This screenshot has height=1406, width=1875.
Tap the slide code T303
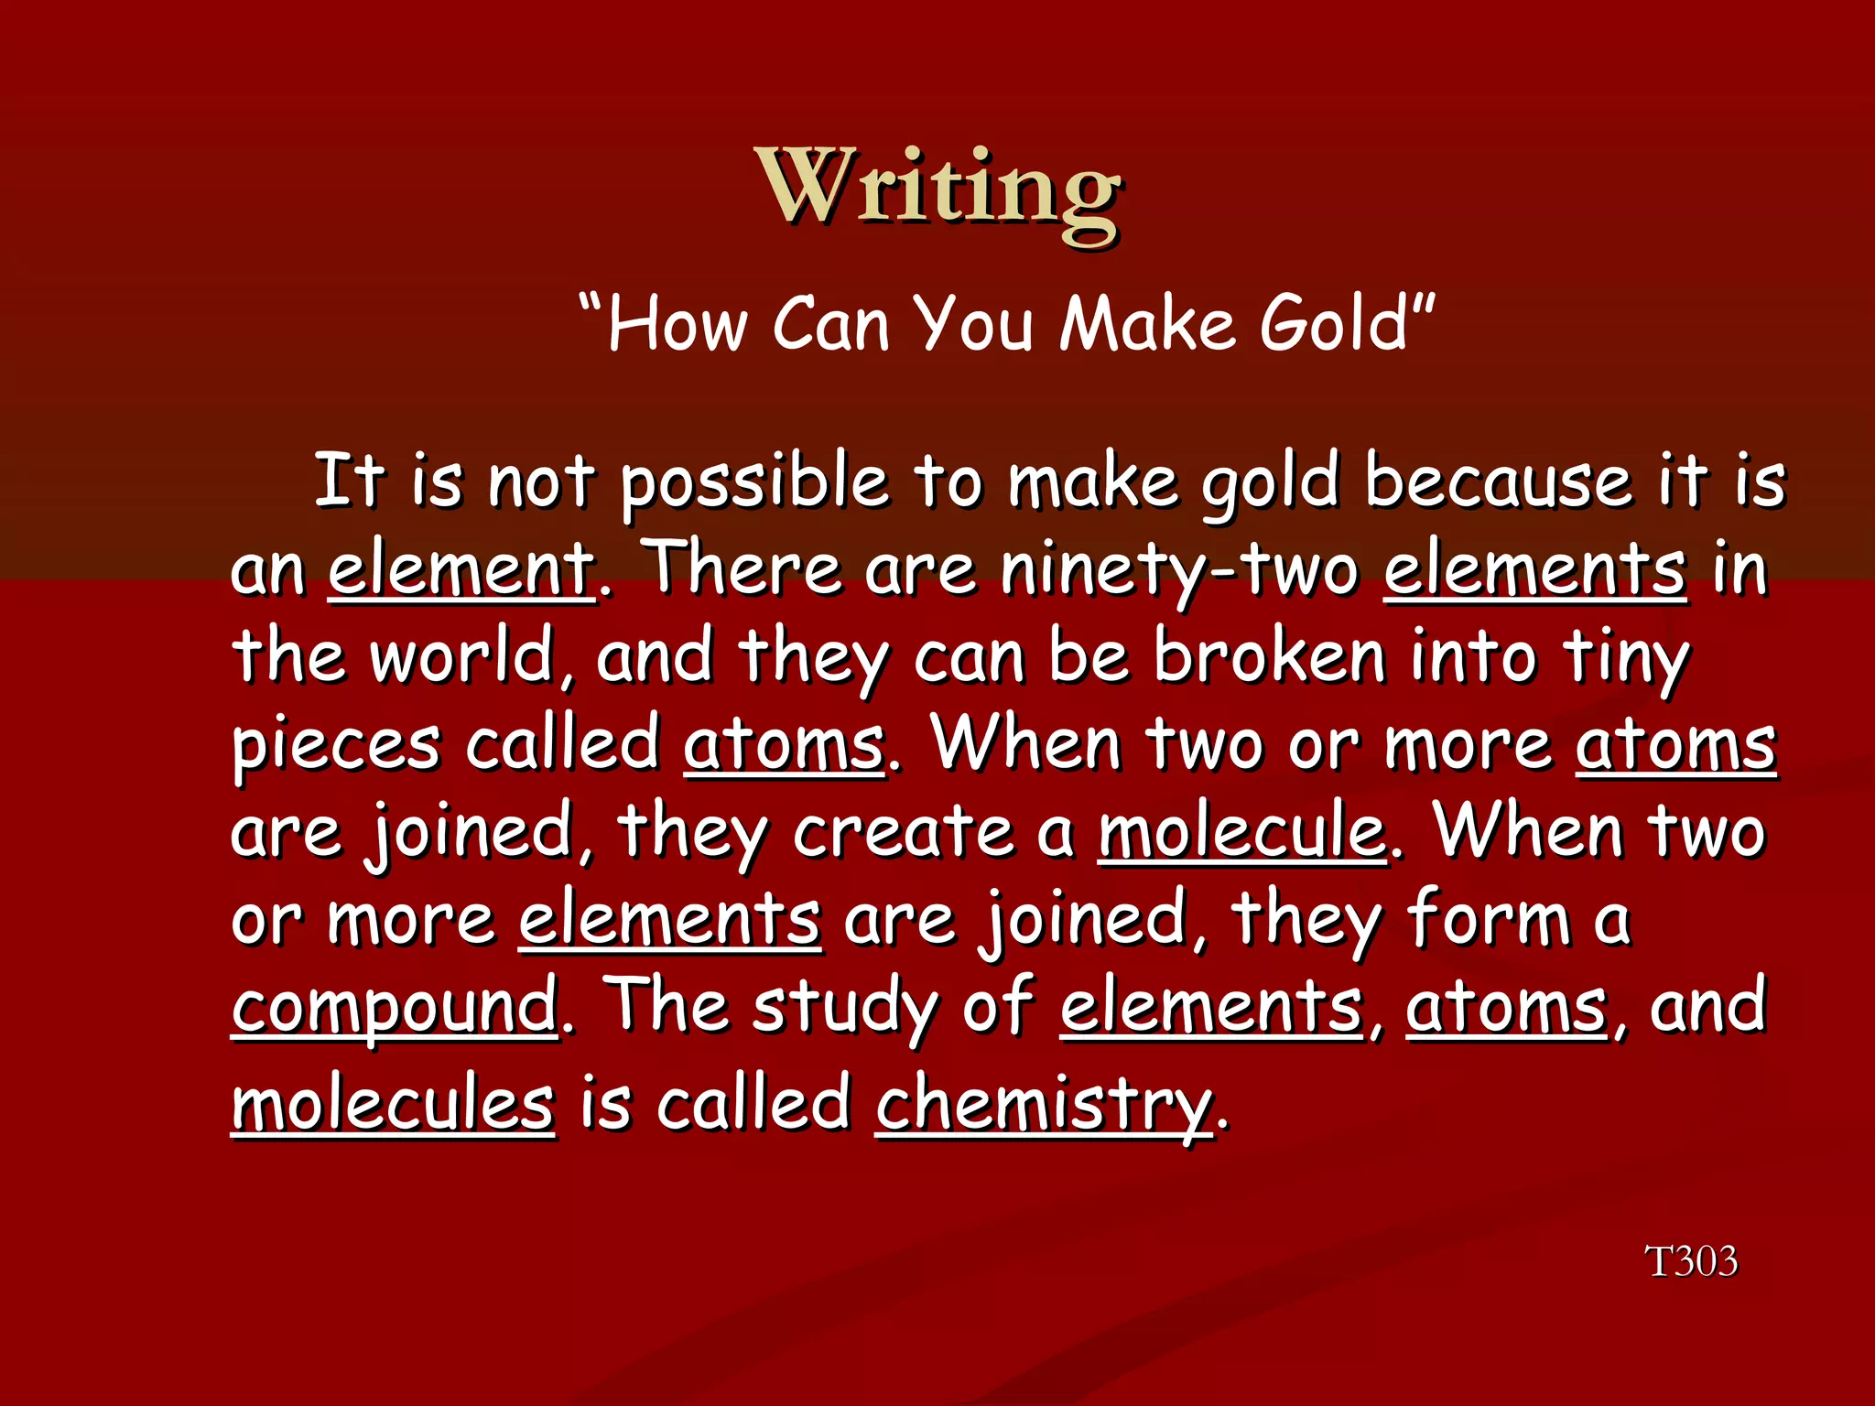click(x=1691, y=1261)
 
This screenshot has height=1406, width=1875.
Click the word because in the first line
click(x=1498, y=481)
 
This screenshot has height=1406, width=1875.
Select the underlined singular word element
click(x=461, y=569)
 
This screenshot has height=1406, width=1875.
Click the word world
click(x=461, y=655)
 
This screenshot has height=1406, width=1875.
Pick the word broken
click(x=1269, y=655)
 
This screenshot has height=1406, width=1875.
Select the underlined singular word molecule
click(x=1241, y=831)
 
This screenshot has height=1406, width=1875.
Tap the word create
click(x=903, y=831)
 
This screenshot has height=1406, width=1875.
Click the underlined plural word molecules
click(x=393, y=1104)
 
